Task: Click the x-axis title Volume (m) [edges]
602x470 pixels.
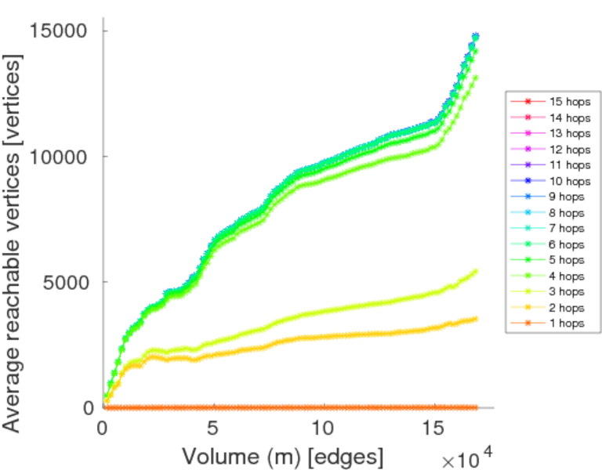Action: [283, 456]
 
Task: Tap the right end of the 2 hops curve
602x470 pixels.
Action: [474, 318]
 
